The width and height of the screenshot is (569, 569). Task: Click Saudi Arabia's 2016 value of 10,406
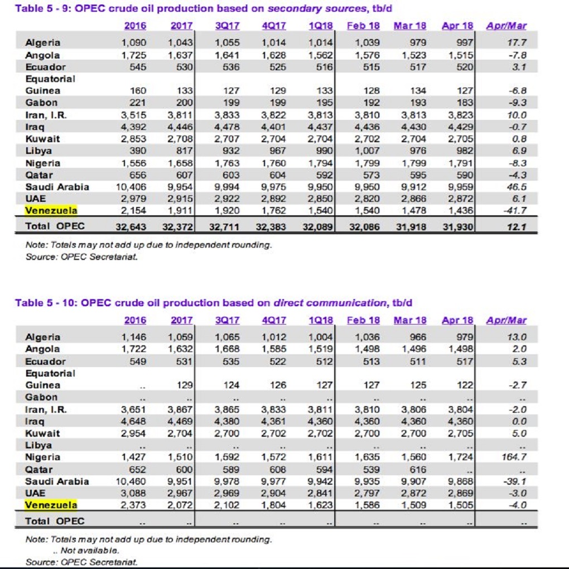[131, 187]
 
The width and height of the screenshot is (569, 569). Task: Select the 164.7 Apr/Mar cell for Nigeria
[514, 457]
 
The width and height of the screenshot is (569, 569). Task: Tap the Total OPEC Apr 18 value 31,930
[458, 227]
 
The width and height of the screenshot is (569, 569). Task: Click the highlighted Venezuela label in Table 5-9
[51, 210]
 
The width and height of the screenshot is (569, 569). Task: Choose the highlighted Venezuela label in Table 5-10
[51, 505]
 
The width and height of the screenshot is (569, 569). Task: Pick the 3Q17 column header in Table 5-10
[227, 320]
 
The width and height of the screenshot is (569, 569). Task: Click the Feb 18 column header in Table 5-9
[363, 26]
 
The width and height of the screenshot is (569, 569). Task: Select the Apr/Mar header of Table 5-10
[506, 320]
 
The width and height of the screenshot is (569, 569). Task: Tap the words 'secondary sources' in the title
[317, 8]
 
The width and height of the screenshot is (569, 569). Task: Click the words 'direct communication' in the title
[330, 303]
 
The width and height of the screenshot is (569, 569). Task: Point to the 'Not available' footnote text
[86, 551]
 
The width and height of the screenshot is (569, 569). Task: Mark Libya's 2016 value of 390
[138, 151]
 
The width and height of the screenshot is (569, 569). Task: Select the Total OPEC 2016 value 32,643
[131, 227]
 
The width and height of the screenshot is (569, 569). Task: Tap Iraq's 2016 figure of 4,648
[133, 421]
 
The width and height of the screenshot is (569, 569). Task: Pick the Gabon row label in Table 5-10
[41, 397]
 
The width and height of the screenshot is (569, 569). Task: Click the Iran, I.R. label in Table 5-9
[46, 115]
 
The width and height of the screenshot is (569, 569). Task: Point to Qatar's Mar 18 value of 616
[418, 470]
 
